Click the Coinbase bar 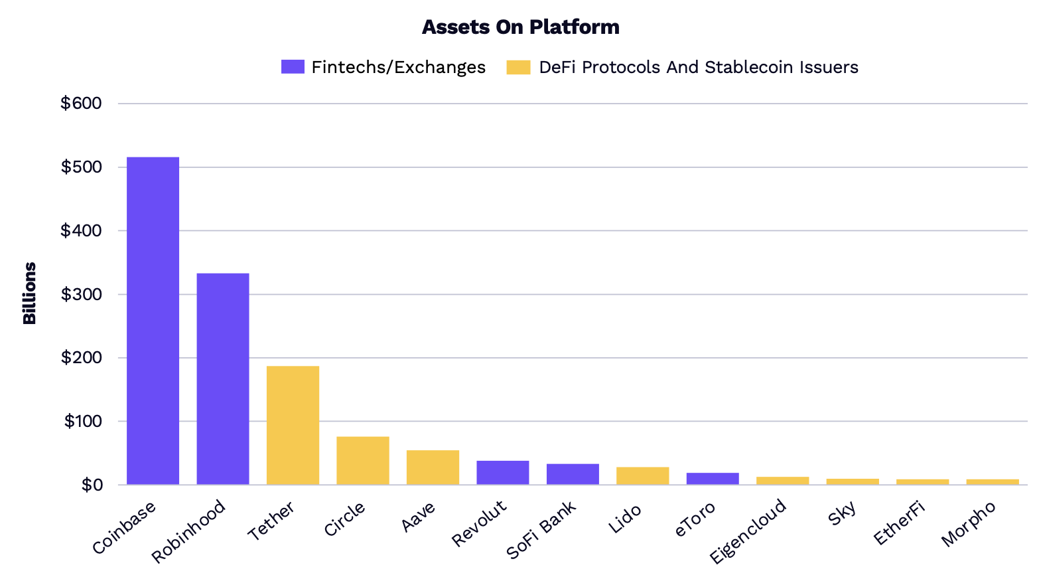[x=153, y=321]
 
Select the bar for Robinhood [x=223, y=378]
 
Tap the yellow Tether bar [x=293, y=425]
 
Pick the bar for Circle [x=362, y=460]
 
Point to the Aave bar [x=433, y=467]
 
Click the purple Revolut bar [x=502, y=473]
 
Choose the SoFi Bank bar [x=573, y=474]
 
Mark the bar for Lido [x=642, y=476]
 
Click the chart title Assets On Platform [x=520, y=27]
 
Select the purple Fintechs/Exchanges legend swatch [x=293, y=67]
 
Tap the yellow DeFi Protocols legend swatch [x=518, y=67]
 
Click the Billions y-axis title [x=29, y=293]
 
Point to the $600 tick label [x=81, y=104]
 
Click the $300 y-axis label [x=81, y=294]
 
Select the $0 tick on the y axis [x=92, y=485]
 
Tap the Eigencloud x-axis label [x=748, y=531]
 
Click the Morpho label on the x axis [x=969, y=524]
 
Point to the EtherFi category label [x=900, y=523]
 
